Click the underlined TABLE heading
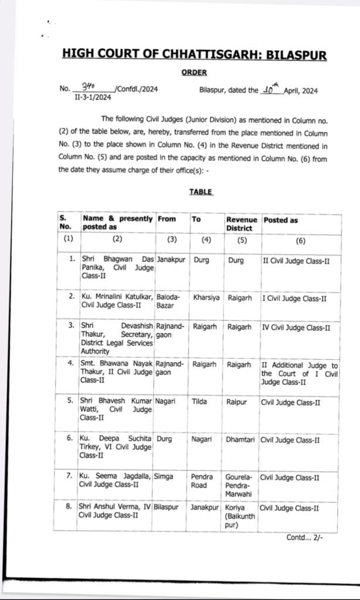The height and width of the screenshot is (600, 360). click(x=201, y=192)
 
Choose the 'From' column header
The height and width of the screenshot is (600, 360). click(x=167, y=219)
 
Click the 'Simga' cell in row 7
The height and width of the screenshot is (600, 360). click(x=164, y=478)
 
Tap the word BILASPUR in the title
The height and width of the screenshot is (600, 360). click(x=296, y=55)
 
